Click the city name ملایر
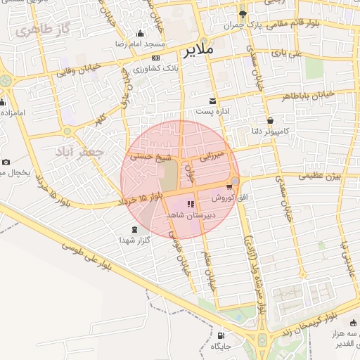[200, 51]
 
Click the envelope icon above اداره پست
[213, 101]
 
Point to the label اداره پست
[213, 112]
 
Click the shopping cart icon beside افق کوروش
[229, 187]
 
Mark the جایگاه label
[240, 346]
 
